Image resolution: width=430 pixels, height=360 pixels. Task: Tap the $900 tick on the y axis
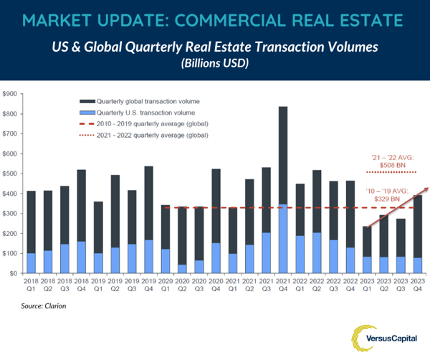[11, 94]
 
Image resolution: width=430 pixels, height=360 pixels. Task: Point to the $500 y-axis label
[11, 174]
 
